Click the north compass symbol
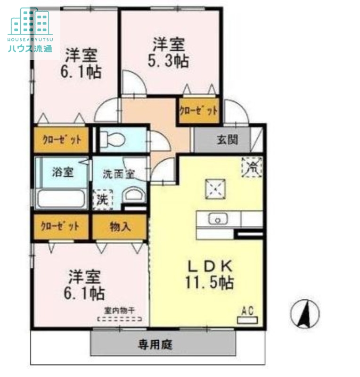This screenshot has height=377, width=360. tap(305, 313)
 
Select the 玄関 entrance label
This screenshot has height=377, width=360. tap(227, 140)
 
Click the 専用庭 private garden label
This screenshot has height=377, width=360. tap(155, 344)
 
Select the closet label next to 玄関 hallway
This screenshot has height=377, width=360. tap(198, 111)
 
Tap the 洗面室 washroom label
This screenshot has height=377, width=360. tap(119, 173)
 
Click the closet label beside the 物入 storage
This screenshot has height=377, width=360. tap(60, 226)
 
